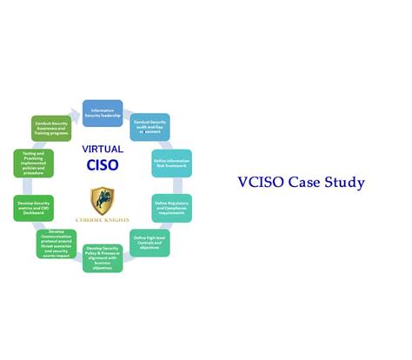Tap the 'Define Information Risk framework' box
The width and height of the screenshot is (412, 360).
(171, 163)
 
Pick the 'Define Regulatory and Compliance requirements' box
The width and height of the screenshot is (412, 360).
(171, 207)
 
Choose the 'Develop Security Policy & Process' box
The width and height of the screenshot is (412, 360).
(103, 257)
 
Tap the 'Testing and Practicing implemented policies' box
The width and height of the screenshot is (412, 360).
(33, 163)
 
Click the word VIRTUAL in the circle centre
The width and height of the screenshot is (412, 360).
(103, 149)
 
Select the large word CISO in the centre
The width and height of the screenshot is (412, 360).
(103, 164)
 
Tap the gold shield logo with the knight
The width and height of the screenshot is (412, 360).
(102, 200)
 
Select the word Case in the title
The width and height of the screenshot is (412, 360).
(310, 183)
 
